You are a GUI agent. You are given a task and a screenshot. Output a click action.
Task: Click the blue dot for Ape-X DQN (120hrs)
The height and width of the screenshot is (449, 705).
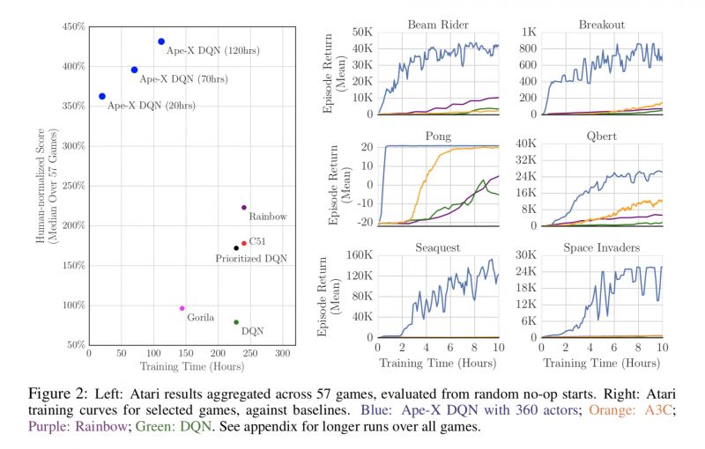coord(161,41)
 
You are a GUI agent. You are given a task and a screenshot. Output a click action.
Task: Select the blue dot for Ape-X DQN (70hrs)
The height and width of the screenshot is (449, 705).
coord(134,70)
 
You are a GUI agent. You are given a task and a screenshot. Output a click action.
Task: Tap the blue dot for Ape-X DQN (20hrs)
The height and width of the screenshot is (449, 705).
coord(102,96)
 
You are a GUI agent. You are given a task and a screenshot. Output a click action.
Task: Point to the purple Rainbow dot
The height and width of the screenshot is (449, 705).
coord(244,208)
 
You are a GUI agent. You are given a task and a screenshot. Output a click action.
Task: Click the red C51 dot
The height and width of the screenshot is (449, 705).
coord(244,243)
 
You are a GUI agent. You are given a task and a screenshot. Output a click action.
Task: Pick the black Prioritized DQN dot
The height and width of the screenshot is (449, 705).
coord(236,247)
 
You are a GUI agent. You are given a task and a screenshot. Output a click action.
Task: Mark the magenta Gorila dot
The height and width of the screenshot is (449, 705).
coord(182,308)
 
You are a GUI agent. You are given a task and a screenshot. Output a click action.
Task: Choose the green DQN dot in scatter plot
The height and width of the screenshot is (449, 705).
coord(236,322)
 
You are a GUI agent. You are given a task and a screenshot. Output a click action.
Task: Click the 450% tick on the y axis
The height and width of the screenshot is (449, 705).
coord(73,27)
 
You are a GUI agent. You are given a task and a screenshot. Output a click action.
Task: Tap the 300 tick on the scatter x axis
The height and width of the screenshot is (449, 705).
coord(283,354)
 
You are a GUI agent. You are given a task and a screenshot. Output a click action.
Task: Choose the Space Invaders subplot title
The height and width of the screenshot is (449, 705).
coord(602,248)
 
